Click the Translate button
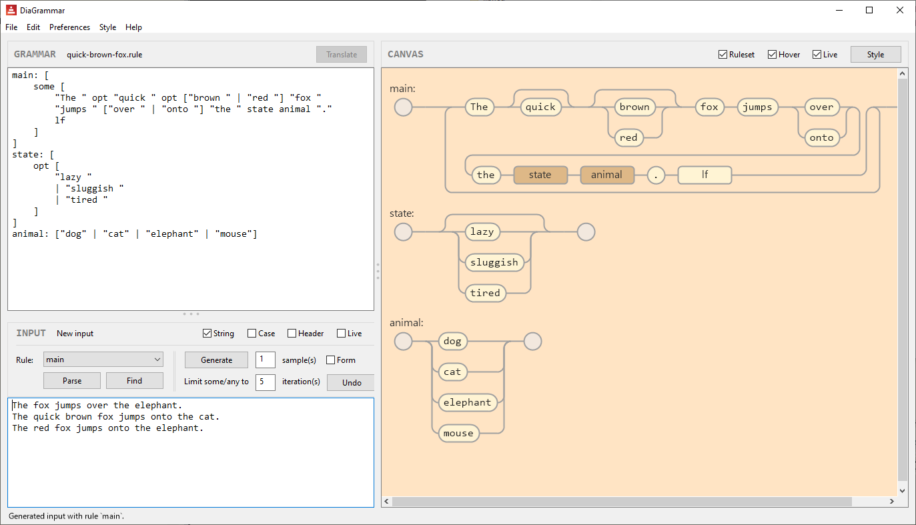click(342, 55)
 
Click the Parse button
click(72, 380)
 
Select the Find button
click(134, 380)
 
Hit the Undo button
click(351, 382)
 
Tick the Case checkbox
click(252, 334)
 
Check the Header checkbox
click(292, 334)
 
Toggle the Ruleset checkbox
click(723, 55)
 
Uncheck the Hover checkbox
click(772, 55)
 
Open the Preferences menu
click(69, 27)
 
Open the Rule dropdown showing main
click(103, 360)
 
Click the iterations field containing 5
click(265, 382)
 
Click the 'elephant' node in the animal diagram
click(467, 402)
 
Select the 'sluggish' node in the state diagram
click(494, 262)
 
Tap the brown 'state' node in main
click(540, 175)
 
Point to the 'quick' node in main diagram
click(540, 107)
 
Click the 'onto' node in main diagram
click(821, 137)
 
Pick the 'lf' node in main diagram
click(705, 175)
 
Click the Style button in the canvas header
click(875, 55)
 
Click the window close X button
click(900, 10)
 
